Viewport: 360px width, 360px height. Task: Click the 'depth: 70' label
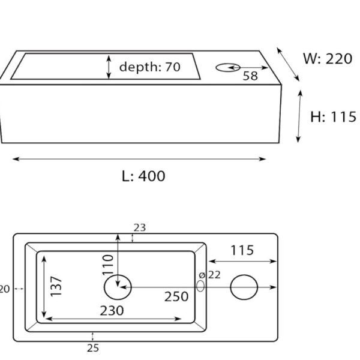[149, 67]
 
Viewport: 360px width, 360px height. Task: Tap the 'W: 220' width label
[328, 59]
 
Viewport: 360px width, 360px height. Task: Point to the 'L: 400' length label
[143, 176]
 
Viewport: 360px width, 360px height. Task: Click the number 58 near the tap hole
[251, 76]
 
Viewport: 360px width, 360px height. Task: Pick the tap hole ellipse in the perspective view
[227, 67]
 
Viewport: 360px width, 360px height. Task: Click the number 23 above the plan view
[140, 227]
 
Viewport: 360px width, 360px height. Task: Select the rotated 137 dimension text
[56, 287]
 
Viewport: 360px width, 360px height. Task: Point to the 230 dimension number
[112, 310]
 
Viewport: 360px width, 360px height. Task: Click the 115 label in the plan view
[241, 250]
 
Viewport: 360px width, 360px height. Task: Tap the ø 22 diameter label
[210, 275]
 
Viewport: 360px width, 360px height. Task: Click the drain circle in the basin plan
[118, 287]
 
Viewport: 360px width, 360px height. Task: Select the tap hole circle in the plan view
[244, 287]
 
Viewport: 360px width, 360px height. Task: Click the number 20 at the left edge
[4, 289]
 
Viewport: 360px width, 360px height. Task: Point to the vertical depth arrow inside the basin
[109, 67]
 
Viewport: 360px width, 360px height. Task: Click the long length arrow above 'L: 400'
[139, 159]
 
